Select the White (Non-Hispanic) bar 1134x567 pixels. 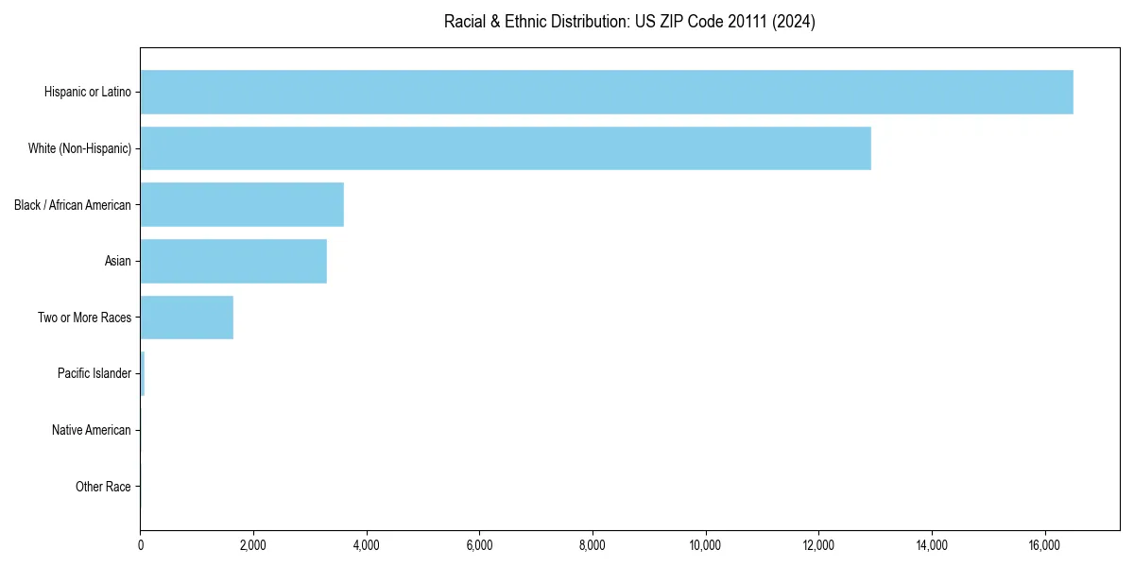tap(506, 148)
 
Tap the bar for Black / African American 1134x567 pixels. tap(242, 205)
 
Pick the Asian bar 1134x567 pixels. tap(233, 261)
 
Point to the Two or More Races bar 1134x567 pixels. tap(186, 318)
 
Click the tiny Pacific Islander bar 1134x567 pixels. tap(143, 374)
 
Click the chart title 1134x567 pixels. tap(629, 22)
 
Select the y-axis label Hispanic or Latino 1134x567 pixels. tap(88, 92)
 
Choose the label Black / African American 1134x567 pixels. tap(73, 205)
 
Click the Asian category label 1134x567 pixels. tap(118, 261)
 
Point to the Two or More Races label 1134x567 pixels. tap(84, 318)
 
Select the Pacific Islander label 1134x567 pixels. tap(94, 374)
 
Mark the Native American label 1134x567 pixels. tap(92, 430)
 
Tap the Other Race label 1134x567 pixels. tap(103, 487)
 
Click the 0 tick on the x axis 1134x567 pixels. tap(141, 544)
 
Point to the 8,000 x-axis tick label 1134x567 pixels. tap(593, 544)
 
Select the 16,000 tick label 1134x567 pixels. tap(1044, 544)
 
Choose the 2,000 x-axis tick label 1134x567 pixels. tap(253, 544)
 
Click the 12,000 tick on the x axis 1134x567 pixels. tap(818, 544)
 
